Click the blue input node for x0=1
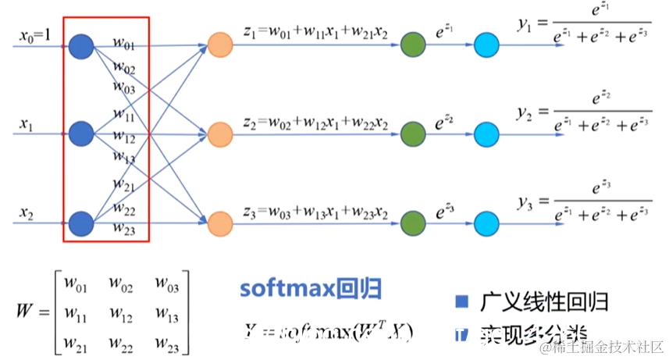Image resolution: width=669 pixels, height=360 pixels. (80, 46)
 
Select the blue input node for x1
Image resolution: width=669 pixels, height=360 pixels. (80, 134)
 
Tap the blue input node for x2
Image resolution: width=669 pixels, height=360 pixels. (80, 223)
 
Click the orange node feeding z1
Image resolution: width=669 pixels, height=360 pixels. (220, 46)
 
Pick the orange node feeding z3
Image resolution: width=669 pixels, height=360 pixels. (220, 223)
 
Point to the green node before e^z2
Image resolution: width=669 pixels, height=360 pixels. (411, 134)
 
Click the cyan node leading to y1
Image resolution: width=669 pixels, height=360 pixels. (486, 46)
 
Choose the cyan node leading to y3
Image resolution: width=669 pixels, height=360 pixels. (486, 223)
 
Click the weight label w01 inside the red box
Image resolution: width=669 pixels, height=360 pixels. (123, 39)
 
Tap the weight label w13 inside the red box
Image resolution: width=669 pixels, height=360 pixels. (124, 157)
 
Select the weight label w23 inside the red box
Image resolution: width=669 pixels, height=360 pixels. (123, 229)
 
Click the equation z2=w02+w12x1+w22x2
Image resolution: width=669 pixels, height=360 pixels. (315, 123)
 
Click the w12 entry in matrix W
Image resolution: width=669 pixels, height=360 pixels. (122, 315)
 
